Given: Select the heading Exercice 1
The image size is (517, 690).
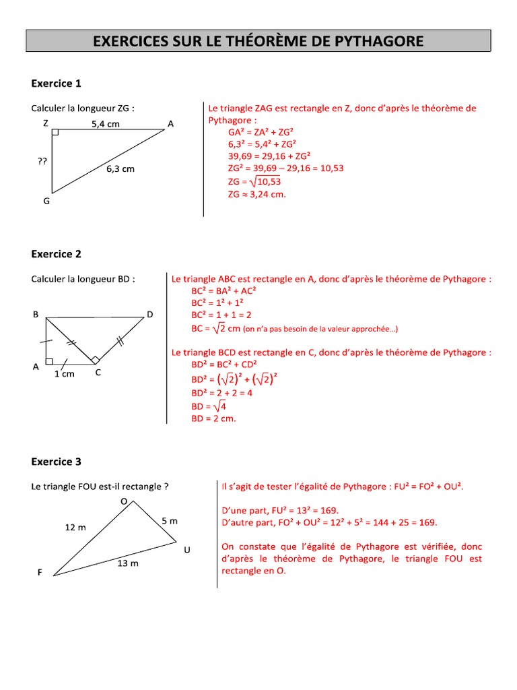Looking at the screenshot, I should coord(56,84).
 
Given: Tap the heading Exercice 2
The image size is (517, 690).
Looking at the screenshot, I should coord(56,254).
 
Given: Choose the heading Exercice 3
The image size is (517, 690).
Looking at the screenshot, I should coord(56,462).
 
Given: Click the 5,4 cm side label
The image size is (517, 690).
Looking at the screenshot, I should coord(105,124).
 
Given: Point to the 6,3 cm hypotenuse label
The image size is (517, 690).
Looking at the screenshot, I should coord(120,169).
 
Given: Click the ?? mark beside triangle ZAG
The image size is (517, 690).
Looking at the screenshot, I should coord(42,162).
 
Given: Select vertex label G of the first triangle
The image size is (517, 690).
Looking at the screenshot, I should coord(46,201).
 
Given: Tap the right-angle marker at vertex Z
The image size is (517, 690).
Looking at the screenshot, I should coord(55,132).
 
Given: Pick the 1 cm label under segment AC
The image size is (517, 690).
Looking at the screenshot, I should coord(64,374).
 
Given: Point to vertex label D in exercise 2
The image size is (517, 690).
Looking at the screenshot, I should coord(149,315).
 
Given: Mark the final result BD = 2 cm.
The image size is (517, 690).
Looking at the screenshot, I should coord(214,418).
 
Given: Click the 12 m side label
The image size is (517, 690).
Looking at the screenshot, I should coord(75,528).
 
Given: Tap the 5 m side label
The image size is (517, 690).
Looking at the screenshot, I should coord(170,521).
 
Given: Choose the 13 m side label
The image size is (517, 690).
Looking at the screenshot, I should coord(127,563).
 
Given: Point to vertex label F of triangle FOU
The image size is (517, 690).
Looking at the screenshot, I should coord(40,572).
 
